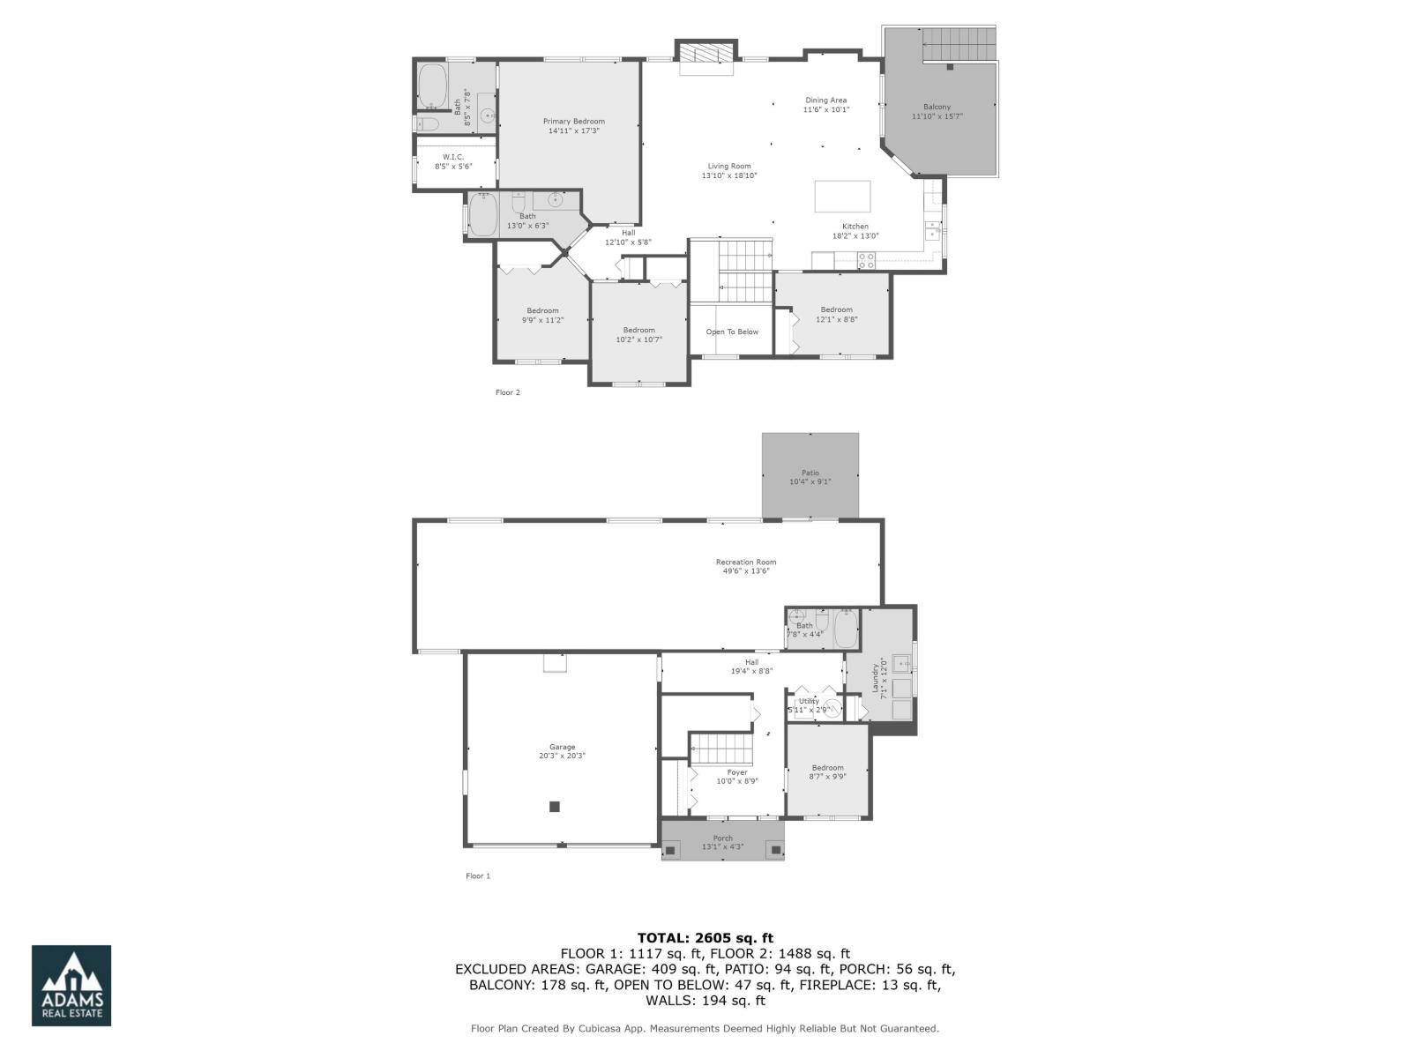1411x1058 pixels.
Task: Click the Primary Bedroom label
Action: click(x=573, y=122)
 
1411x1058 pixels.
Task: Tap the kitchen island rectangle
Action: click(x=842, y=196)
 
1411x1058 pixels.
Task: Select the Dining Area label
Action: click(x=825, y=101)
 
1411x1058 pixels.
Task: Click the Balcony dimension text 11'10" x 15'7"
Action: click(x=937, y=116)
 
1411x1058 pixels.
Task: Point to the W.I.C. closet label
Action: click(x=453, y=157)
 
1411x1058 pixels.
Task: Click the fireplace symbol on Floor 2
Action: click(x=705, y=53)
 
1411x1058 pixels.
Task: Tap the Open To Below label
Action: click(x=732, y=332)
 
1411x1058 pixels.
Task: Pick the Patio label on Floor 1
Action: click(x=810, y=473)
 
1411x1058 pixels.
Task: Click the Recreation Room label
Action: click(x=746, y=563)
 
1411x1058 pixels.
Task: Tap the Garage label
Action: click(x=562, y=747)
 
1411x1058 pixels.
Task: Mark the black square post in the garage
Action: click(x=555, y=806)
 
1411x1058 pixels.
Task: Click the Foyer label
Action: click(x=737, y=772)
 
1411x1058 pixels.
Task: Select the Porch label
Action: click(x=722, y=838)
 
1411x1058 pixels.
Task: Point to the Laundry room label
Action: click(x=876, y=677)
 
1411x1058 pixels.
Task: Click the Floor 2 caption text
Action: click(x=508, y=392)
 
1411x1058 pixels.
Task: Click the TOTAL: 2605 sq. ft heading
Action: click(x=705, y=938)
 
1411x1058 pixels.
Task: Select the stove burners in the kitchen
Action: click(x=866, y=260)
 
